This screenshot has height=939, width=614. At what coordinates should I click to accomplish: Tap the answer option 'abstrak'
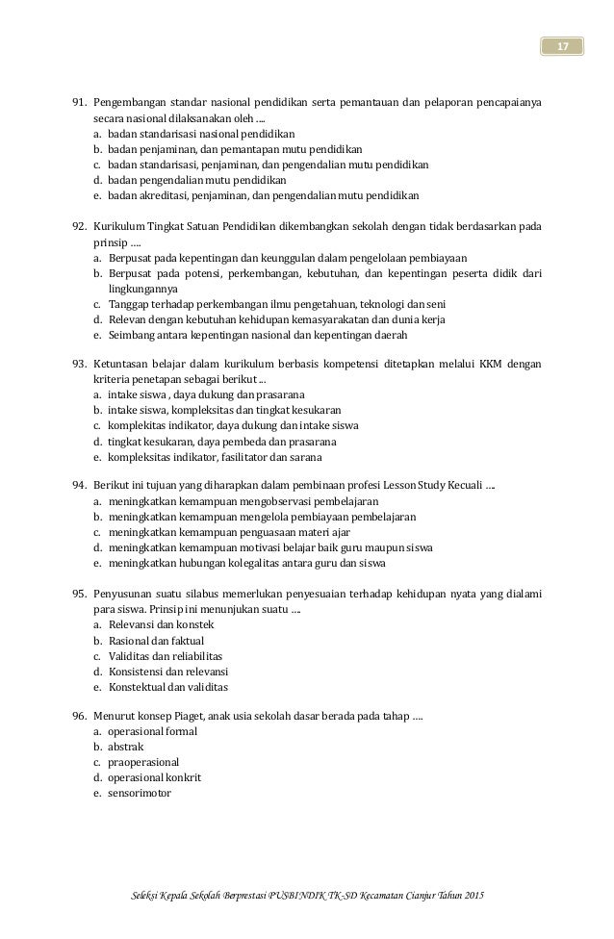click(x=125, y=747)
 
